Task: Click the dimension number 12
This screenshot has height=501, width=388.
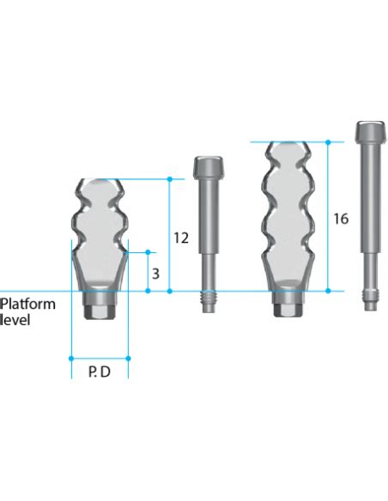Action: click(180, 238)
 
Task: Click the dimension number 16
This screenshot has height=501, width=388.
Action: click(341, 219)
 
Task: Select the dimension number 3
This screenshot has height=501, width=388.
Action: click(155, 274)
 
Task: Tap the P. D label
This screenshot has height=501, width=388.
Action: click(98, 372)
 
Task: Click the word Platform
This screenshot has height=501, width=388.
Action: click(28, 304)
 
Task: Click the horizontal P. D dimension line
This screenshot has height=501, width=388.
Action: click(99, 358)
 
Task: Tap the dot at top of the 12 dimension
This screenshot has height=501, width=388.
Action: click(170, 179)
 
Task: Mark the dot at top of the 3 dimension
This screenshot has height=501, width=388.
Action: click(148, 252)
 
